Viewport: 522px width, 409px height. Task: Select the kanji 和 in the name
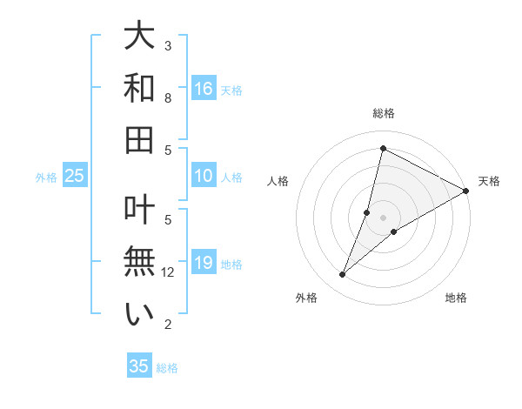[140, 89]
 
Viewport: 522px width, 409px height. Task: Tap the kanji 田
[140, 139]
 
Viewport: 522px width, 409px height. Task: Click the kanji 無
[140, 263]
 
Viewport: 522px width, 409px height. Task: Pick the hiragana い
[140, 314]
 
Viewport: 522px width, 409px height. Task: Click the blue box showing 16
[204, 89]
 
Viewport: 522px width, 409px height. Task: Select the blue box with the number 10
[204, 177]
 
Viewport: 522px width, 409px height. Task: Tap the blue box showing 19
[204, 263]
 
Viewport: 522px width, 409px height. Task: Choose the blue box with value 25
[74, 177]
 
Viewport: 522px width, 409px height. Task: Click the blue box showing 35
[139, 366]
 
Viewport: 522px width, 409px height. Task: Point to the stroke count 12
[169, 272]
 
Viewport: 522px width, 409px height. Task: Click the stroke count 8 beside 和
[169, 98]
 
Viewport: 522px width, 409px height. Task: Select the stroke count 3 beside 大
[169, 45]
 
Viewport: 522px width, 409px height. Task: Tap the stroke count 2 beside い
[169, 325]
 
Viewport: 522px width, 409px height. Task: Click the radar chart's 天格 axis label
[490, 181]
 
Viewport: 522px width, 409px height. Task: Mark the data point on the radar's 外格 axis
[343, 275]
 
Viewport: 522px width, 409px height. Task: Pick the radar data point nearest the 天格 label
[466, 191]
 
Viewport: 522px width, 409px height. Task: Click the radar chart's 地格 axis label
[456, 298]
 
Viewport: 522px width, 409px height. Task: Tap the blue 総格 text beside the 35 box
[167, 368]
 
